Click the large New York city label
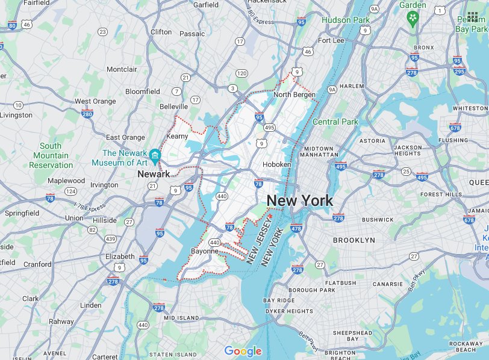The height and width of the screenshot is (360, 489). pos(299,200)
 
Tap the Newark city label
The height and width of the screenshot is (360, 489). pos(149,173)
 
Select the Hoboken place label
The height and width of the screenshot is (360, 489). pos(276,164)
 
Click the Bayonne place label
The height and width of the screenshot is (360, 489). pos(205,251)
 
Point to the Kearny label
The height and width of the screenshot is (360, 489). pos(177,137)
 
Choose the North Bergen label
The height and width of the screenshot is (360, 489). pos(294,95)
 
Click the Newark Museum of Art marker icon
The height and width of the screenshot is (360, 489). pos(155,155)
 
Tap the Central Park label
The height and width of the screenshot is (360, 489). pos(335,122)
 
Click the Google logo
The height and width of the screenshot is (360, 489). pos(243,351)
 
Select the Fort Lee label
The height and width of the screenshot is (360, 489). pos(331,40)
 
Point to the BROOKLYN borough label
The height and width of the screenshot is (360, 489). pos(354,240)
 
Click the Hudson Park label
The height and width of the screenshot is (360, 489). pos(346,20)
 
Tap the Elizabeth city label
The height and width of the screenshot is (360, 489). pos(120,256)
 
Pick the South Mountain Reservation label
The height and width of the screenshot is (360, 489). pos(51,155)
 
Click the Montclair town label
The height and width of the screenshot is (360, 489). pos(122,69)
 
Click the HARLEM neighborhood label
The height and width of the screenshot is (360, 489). pos(352,86)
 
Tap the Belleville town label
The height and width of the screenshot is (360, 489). pos(174,106)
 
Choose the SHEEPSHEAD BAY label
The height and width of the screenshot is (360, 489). pos(353,335)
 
